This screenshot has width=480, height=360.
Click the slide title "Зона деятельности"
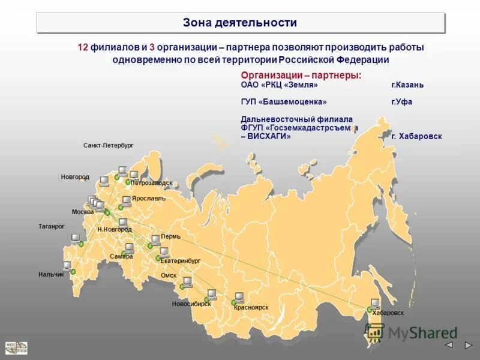coord(240,23)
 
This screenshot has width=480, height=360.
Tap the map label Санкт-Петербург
coord(108,146)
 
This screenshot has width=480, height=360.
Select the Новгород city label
coord(75,177)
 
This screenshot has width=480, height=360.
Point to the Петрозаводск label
coord(151,183)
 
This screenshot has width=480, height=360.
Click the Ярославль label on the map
coord(148,198)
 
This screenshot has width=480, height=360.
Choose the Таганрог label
coord(51,226)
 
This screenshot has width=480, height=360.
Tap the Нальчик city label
coord(50,274)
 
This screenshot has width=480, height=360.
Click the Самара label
coord(121,256)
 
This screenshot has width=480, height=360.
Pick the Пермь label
coord(170,236)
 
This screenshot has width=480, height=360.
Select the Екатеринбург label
coord(180,262)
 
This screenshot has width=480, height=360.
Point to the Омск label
coord(169,275)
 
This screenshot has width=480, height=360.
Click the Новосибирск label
coord(191,304)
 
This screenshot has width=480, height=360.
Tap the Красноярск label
coord(251,307)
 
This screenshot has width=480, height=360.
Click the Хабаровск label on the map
coord(388,313)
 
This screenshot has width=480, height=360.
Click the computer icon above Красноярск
coord(239,296)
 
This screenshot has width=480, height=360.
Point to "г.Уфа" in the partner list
coord(401,102)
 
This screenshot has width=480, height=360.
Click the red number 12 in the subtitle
coord(83,47)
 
